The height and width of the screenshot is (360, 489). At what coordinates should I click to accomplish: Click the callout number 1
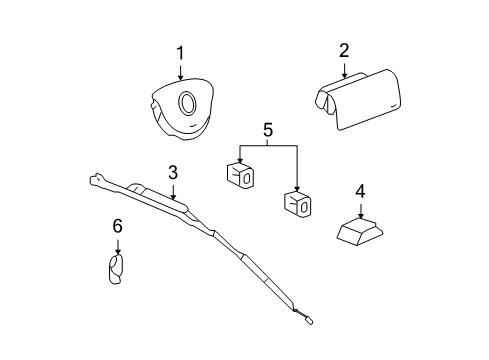click(x=180, y=53)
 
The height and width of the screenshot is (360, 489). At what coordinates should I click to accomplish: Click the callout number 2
click(x=343, y=51)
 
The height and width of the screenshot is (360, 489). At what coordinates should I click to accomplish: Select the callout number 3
click(x=172, y=172)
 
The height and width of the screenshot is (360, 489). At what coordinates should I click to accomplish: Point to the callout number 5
click(x=267, y=130)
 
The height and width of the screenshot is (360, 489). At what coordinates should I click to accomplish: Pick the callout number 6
click(x=117, y=228)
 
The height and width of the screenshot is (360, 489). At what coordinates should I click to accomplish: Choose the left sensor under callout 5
click(x=239, y=172)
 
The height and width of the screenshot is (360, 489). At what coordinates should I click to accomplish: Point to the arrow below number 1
click(x=180, y=72)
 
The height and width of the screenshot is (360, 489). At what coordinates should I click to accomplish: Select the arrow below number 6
click(x=117, y=245)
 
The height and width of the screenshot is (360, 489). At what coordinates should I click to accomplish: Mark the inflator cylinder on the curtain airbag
click(x=160, y=192)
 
